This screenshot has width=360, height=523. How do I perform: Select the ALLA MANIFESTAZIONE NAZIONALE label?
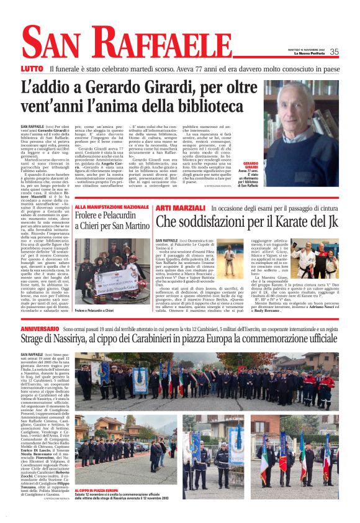tap(112, 207)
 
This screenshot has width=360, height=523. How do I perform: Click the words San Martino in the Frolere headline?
tap(133, 227)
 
